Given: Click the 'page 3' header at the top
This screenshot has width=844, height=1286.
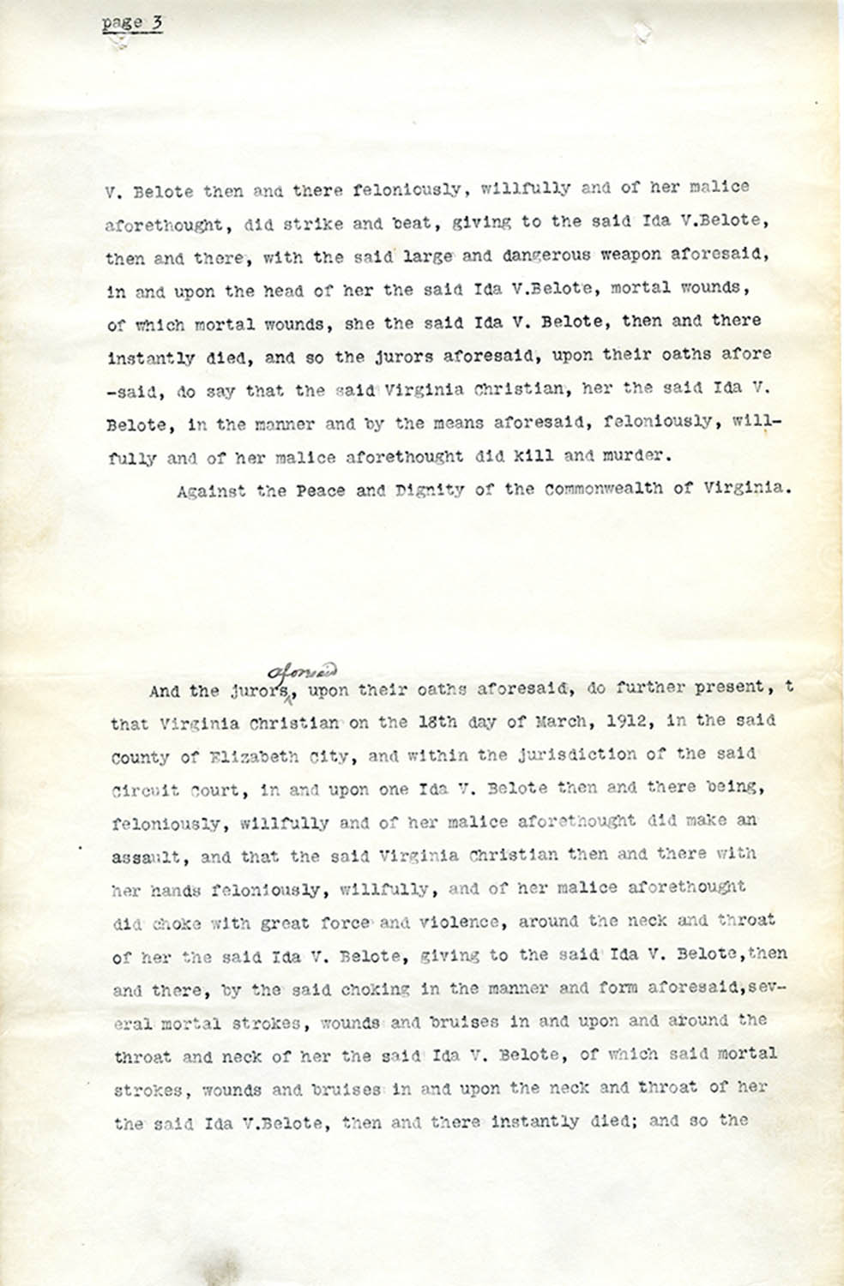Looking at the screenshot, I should click(132, 23).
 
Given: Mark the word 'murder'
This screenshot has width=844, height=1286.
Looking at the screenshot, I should click(635, 456).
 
